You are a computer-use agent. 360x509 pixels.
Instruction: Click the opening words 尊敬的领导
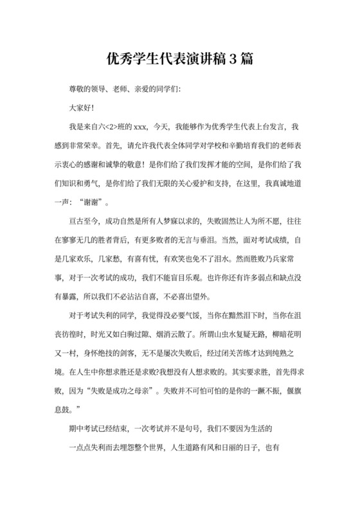[x=87, y=89]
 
